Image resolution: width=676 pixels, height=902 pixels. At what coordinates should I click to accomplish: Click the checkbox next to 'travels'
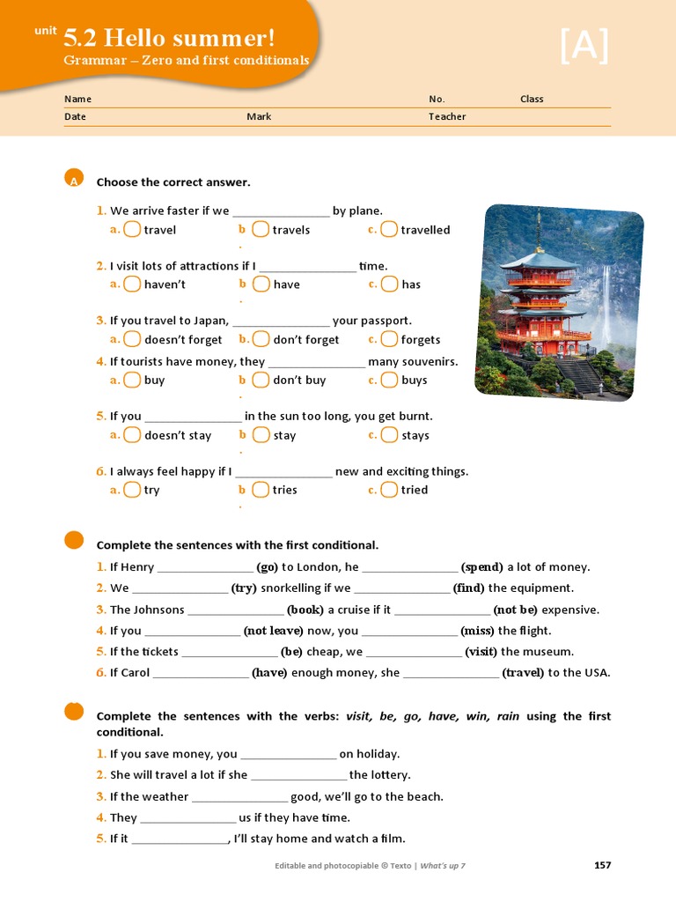click(x=261, y=229)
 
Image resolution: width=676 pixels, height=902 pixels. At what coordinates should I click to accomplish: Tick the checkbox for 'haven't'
click(x=132, y=284)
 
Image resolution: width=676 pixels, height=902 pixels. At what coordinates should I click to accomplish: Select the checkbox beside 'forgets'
click(x=389, y=339)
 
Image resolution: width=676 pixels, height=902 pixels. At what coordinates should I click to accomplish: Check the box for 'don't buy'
click(x=261, y=380)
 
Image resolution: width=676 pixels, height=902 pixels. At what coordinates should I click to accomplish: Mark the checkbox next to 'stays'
click(x=389, y=434)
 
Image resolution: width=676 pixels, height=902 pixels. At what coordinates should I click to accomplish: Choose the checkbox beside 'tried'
click(x=389, y=490)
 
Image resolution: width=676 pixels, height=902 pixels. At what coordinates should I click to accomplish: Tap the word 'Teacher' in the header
click(x=447, y=116)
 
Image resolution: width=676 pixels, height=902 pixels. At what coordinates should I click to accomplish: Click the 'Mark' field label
click(x=259, y=116)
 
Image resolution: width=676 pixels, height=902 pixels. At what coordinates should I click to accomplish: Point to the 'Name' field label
click(x=77, y=99)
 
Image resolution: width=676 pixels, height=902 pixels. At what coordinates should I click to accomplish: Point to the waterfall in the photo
click(x=606, y=304)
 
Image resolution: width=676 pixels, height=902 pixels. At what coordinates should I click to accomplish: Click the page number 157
click(x=602, y=865)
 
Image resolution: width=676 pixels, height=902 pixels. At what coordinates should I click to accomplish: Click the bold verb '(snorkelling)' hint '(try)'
click(x=244, y=588)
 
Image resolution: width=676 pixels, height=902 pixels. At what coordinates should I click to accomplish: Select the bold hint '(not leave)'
click(x=273, y=631)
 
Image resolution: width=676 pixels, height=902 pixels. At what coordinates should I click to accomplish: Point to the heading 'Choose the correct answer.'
click(x=173, y=182)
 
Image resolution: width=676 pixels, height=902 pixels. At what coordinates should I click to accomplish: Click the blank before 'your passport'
click(x=281, y=322)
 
